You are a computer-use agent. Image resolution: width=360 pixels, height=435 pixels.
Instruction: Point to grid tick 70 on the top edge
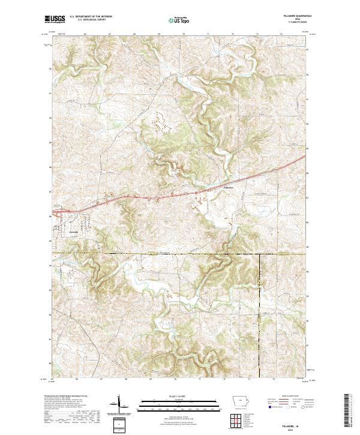tap(183, 35)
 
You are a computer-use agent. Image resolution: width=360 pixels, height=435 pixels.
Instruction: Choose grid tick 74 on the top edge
tap(281, 35)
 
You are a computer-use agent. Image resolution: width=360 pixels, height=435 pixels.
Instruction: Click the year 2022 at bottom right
tap(298, 427)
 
